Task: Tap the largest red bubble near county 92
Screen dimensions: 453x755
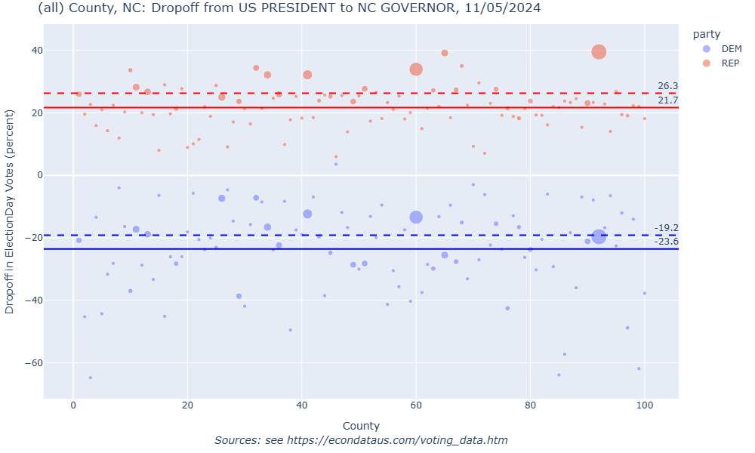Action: click(x=599, y=51)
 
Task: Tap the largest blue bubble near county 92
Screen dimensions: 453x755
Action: click(x=599, y=236)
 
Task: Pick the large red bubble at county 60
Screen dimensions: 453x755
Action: click(x=416, y=69)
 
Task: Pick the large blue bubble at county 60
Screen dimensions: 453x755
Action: click(x=416, y=217)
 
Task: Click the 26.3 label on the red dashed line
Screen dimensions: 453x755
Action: click(x=667, y=86)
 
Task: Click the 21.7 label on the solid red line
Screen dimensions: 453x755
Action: click(x=667, y=100)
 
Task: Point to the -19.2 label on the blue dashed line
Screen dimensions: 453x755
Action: click(x=666, y=228)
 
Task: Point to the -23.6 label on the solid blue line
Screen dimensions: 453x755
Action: click(x=666, y=242)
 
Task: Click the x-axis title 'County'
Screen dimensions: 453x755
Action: click(x=361, y=426)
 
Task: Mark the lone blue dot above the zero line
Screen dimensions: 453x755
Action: click(x=336, y=164)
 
